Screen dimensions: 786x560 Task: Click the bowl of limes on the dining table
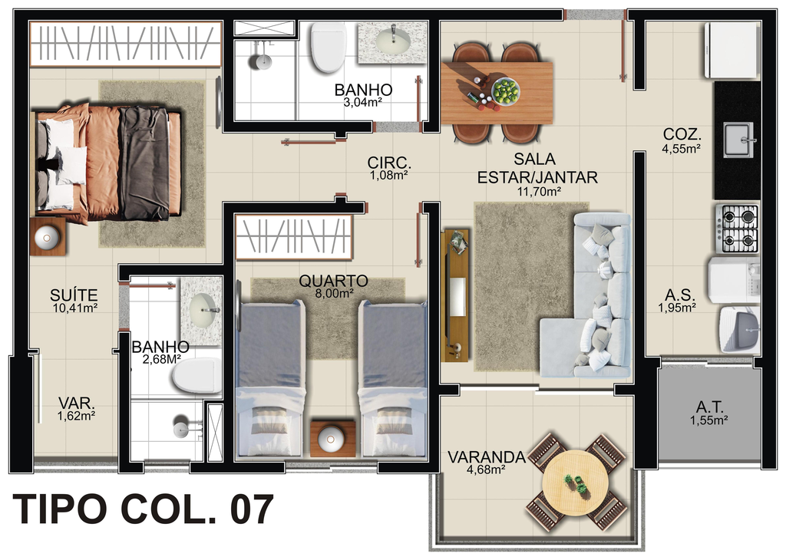click(x=505, y=91)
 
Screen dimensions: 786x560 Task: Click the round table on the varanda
click(x=576, y=483)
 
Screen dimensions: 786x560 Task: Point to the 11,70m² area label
click(x=538, y=191)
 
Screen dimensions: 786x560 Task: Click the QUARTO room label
click(x=333, y=281)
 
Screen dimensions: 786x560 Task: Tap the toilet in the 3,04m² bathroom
click(x=329, y=47)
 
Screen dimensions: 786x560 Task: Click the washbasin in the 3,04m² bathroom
click(x=392, y=41)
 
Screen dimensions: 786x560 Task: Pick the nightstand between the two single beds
click(x=333, y=439)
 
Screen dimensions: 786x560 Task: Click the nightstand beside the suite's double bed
click(x=48, y=237)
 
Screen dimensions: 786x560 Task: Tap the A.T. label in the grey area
click(x=708, y=407)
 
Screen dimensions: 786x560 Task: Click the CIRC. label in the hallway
click(x=389, y=163)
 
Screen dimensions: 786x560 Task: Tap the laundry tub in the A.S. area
click(x=739, y=330)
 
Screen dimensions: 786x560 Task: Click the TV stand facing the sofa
click(x=456, y=295)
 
